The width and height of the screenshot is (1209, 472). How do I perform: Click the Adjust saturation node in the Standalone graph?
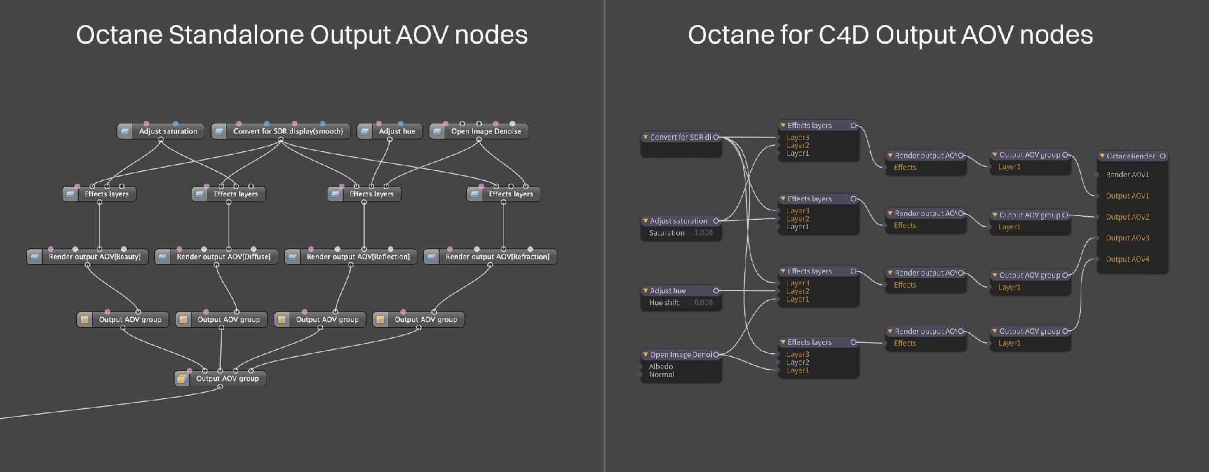click(x=161, y=131)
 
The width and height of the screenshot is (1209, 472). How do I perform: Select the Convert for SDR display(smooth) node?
click(x=281, y=131)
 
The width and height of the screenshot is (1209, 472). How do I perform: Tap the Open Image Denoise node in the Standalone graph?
click(x=479, y=131)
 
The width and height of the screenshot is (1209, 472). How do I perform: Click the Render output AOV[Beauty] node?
click(x=87, y=256)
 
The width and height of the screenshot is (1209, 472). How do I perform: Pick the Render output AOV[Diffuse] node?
click(x=216, y=256)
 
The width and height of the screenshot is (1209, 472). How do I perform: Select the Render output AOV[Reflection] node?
click(x=351, y=256)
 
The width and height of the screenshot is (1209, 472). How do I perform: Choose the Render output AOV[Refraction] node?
click(x=490, y=256)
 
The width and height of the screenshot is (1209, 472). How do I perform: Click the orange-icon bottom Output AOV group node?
click(x=220, y=379)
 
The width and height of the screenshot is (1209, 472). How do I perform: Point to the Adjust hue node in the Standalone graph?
click(x=390, y=131)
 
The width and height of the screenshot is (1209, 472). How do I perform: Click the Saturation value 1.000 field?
click(x=703, y=233)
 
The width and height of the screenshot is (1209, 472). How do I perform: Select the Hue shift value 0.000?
click(x=703, y=302)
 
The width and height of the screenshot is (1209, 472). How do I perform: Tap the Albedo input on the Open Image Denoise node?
click(x=661, y=366)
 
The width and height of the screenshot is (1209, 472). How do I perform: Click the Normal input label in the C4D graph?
click(x=662, y=375)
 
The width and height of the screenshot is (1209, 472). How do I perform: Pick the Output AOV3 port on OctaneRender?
click(x=1127, y=238)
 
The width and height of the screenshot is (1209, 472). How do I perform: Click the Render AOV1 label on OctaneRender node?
click(x=1127, y=175)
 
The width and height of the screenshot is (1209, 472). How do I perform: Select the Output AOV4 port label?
click(x=1127, y=259)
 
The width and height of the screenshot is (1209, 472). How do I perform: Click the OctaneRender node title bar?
click(x=1133, y=157)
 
